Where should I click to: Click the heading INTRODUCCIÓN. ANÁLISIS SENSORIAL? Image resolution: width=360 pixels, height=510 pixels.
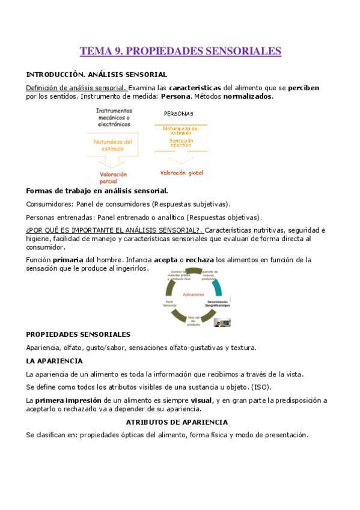pyautogui.click(x=96, y=75)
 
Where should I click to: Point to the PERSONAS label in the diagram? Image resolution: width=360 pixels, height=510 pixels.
pyautogui.click(x=179, y=114)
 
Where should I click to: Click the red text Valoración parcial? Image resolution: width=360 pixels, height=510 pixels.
pyautogui.click(x=114, y=177)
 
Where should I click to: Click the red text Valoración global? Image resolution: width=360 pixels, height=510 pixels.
pyautogui.click(x=182, y=173)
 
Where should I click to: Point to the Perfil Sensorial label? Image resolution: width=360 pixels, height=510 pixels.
pyautogui.click(x=169, y=303)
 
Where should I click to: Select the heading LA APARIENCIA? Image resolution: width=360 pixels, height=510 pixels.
pyautogui.click(x=54, y=361)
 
